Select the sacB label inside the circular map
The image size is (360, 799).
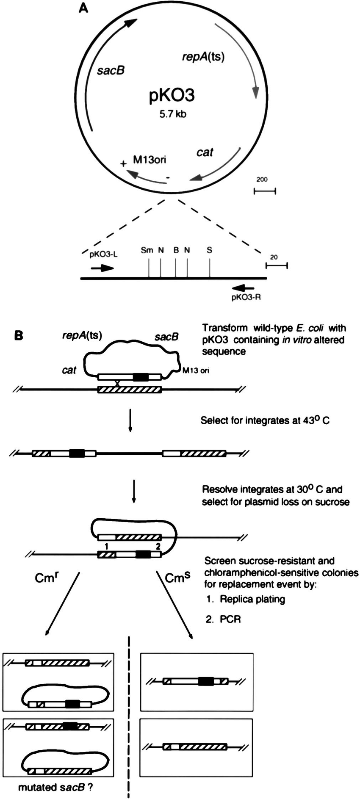pos(111,70)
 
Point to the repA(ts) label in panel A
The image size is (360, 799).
pos(203,56)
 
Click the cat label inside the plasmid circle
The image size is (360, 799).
pos(205,152)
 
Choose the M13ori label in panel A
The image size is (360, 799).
pos(150,160)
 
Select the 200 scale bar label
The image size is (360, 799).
pos(262,180)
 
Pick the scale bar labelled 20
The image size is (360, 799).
pos(277,265)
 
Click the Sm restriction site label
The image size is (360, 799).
pos(147,250)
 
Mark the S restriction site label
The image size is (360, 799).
pos(209,250)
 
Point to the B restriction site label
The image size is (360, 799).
pos(176,250)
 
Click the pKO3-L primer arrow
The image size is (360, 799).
pos(102,268)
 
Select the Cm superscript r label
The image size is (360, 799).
pos(47,578)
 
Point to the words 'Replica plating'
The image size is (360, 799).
pos(252,600)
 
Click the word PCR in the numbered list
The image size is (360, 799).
pos(230,619)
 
